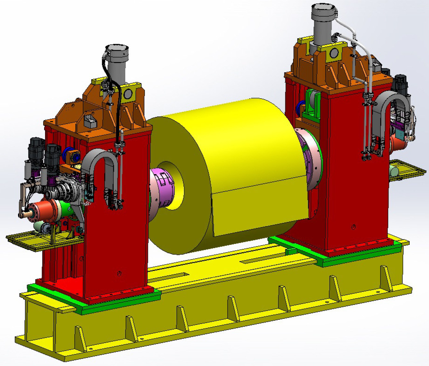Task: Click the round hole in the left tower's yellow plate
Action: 128,94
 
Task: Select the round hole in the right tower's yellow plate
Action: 335,53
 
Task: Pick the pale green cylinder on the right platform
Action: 395,170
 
